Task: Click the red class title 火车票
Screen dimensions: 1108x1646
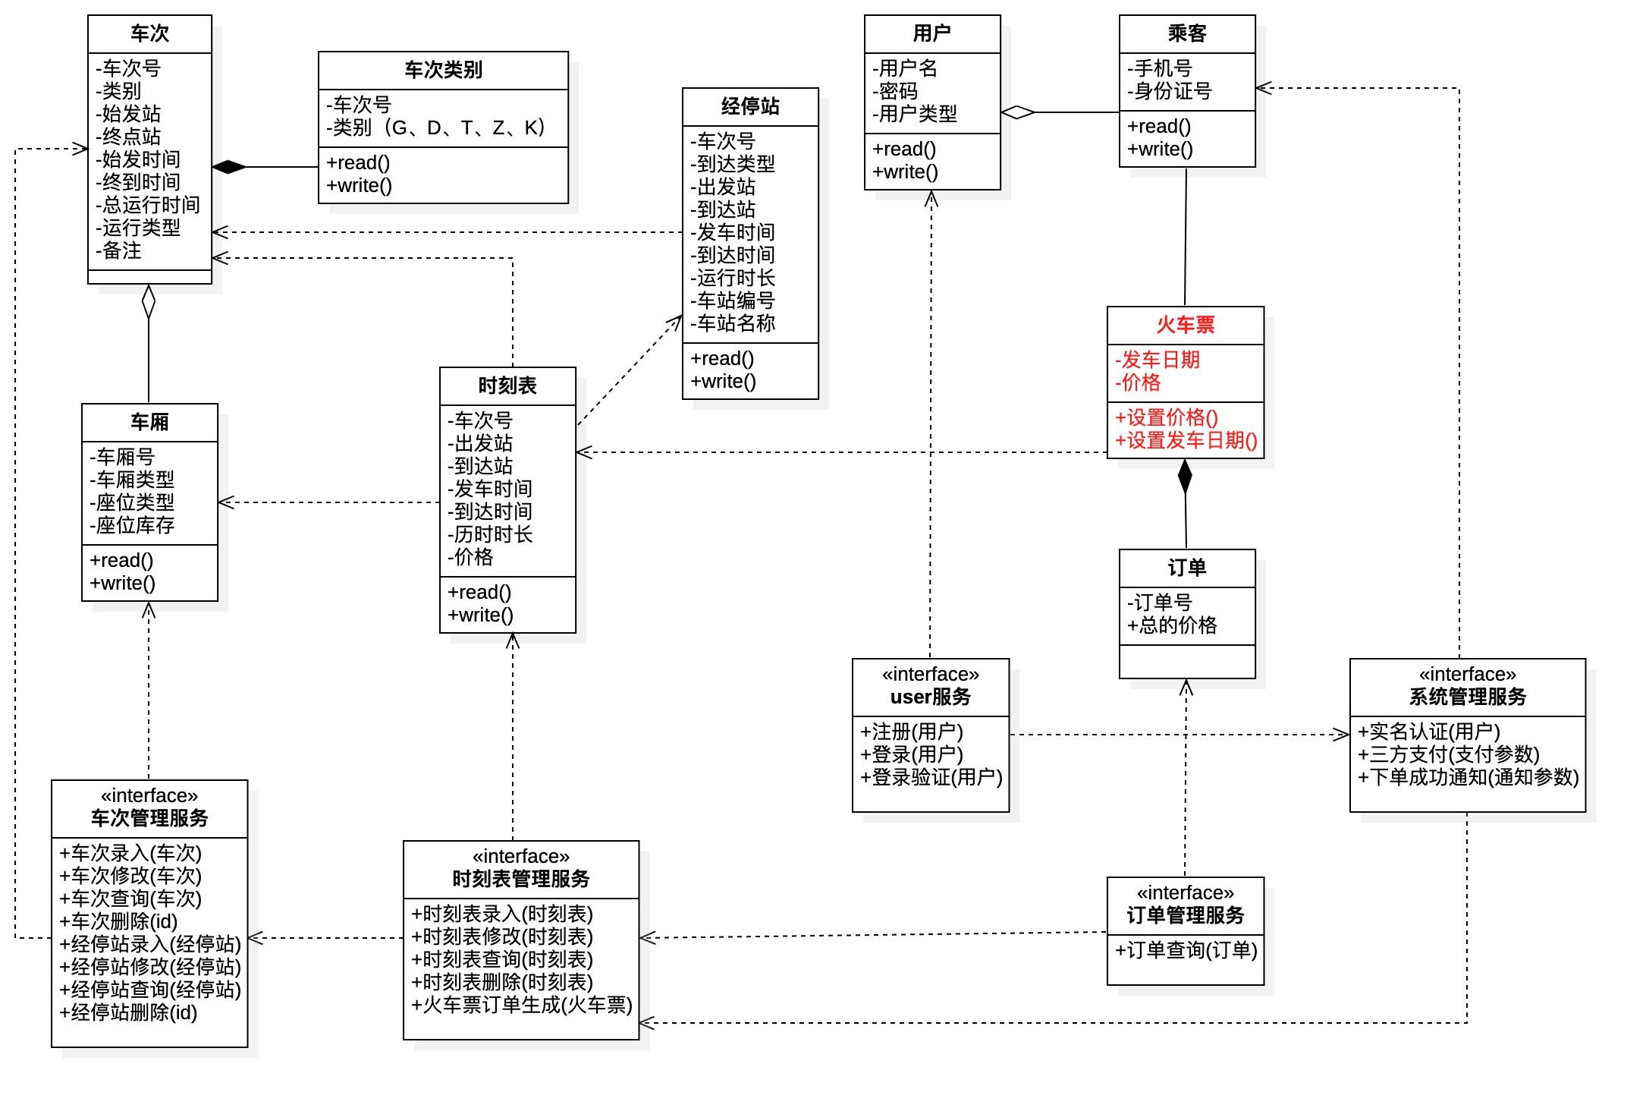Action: [x=1185, y=325]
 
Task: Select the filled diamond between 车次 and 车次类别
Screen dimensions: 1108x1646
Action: [x=229, y=167]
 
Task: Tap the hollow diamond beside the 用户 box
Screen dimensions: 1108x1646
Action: [x=1018, y=112]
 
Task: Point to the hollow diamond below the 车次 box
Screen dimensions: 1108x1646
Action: [x=149, y=301]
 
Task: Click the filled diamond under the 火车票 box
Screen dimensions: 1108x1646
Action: [x=1185, y=477]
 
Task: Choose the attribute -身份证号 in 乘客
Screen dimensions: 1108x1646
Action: [x=1169, y=91]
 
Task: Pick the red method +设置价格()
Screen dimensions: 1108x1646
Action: [x=1167, y=417]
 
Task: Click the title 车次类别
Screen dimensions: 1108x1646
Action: [x=443, y=70]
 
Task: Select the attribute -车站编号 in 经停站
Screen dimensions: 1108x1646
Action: [x=732, y=301]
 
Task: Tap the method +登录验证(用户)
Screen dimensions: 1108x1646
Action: [x=931, y=777]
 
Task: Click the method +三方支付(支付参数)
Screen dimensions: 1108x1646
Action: [x=1448, y=754]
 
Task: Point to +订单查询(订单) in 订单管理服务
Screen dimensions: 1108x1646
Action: [x=1186, y=950]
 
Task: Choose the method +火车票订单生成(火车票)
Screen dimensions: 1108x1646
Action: [x=521, y=1005]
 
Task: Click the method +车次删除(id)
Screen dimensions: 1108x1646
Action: [x=118, y=921]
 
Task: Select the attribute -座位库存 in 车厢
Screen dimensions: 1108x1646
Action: [x=132, y=525]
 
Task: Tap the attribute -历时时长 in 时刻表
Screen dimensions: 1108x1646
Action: [x=490, y=534]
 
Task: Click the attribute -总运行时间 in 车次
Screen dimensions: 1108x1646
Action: [x=148, y=205]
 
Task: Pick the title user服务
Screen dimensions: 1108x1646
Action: [x=930, y=697]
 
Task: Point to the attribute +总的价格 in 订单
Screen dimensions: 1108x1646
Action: [x=1172, y=625]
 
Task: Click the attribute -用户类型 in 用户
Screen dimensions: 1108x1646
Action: [x=914, y=114]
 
